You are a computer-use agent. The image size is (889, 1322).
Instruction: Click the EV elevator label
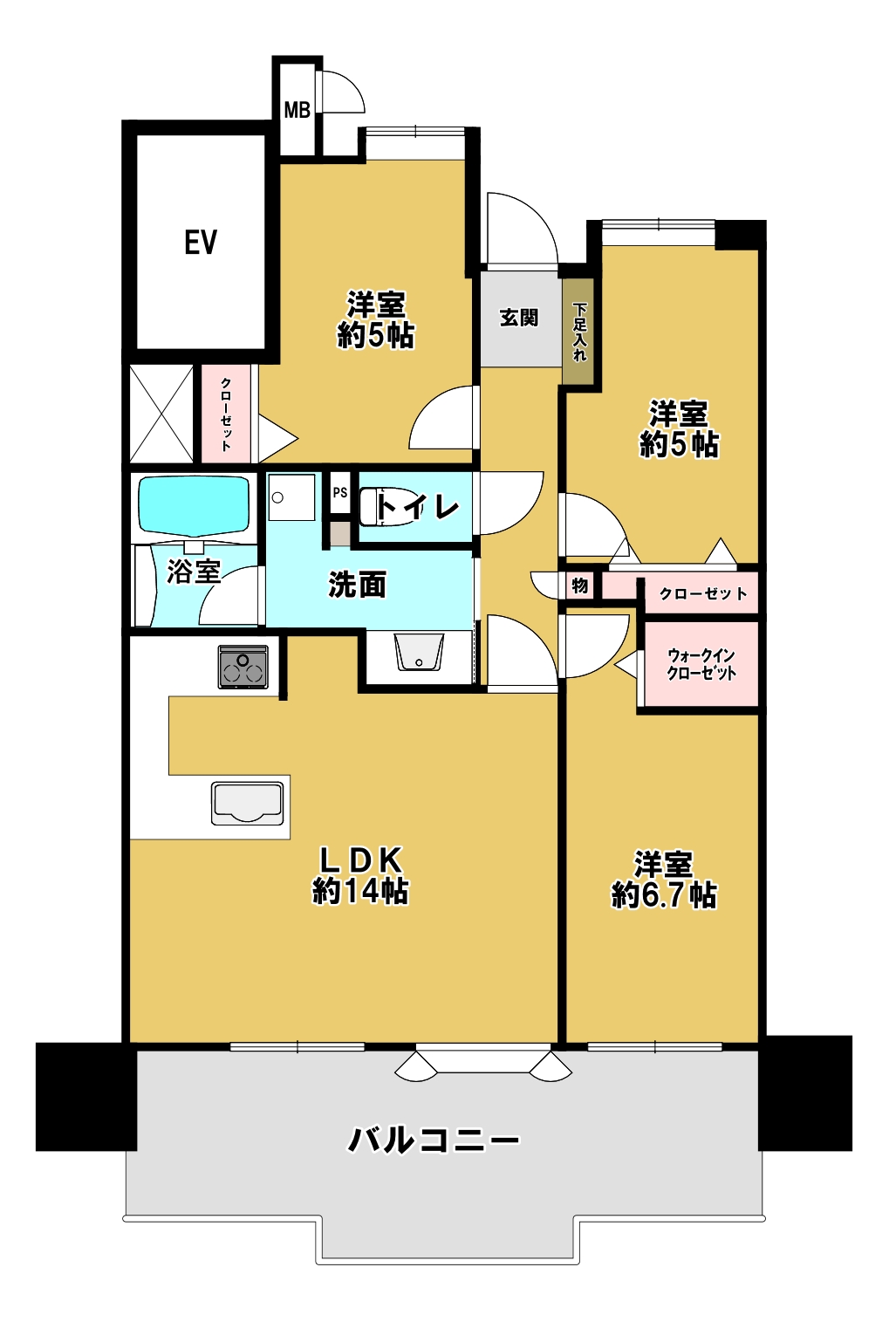point(201,242)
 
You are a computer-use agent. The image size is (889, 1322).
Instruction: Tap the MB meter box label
point(297,110)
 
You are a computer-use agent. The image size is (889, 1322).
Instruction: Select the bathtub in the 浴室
point(194,507)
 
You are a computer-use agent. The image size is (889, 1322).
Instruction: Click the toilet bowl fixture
point(384,506)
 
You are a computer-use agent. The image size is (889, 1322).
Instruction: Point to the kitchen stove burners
point(243,667)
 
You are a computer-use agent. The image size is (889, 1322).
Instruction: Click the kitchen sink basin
point(247,803)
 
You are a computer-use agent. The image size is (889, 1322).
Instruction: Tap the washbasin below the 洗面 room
point(419,652)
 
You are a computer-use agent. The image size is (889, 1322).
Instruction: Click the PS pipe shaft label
point(339,491)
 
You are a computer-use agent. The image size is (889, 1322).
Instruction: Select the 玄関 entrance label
point(518,318)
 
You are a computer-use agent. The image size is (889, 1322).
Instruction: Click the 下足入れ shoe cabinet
point(578,331)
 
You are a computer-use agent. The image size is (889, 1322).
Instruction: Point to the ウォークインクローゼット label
point(701,664)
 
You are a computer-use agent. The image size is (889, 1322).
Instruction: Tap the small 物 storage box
point(579,586)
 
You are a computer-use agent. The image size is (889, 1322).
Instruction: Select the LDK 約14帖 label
point(359,875)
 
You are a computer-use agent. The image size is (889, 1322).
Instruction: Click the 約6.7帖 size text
point(664,895)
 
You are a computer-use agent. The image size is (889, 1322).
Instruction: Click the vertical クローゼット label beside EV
point(226,414)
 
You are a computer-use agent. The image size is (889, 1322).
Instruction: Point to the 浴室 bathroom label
point(194,572)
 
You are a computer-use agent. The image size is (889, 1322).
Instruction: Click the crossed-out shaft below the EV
point(161,414)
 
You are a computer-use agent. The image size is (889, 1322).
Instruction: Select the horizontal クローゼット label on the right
point(702,593)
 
